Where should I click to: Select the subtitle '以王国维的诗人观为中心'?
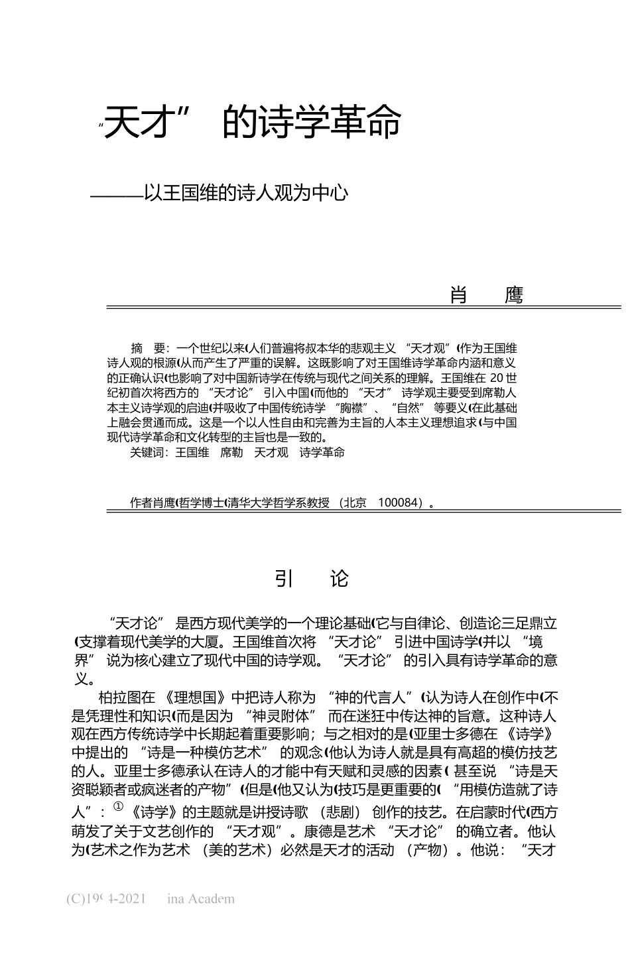point(246,193)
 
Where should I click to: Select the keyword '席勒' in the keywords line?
point(231,453)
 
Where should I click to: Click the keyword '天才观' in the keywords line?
point(271,453)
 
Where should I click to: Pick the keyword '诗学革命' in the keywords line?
point(322,453)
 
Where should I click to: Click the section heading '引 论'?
point(311,579)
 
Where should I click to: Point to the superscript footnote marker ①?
point(119,806)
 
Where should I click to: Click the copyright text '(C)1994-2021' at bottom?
point(106,899)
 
